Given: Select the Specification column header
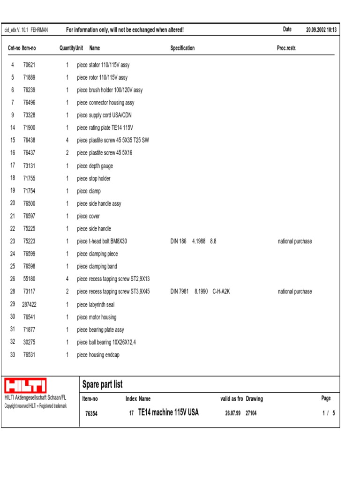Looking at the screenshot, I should pyautogui.click(x=182, y=48).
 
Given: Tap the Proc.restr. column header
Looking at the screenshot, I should pyautogui.click(x=286, y=48).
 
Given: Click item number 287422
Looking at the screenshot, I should pyautogui.click(x=29, y=304).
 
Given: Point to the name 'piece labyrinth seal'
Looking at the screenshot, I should pyautogui.click(x=96, y=304).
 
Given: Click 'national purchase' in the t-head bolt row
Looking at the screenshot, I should pyautogui.click(x=294, y=241).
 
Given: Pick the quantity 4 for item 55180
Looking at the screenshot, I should pyautogui.click(x=67, y=279).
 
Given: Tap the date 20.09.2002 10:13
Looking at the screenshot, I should pyautogui.click(x=321, y=30).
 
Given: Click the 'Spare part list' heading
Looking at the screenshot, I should pyautogui.click(x=102, y=385).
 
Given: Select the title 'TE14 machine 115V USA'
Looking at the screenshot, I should pyautogui.click(x=168, y=412).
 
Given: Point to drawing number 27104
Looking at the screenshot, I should pyautogui.click(x=251, y=413).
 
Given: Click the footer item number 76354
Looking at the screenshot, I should pyautogui.click(x=91, y=413).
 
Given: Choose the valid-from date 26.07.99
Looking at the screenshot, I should pyautogui.click(x=232, y=413).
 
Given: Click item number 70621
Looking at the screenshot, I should pyautogui.click(x=29, y=65).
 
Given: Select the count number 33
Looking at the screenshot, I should pyautogui.click(x=13, y=355).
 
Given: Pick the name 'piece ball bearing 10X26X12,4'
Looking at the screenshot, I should pyautogui.click(x=107, y=342).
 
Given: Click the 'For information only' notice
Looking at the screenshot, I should pyautogui.click(x=125, y=30).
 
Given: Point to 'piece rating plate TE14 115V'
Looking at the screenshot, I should pyautogui.click(x=105, y=128).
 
